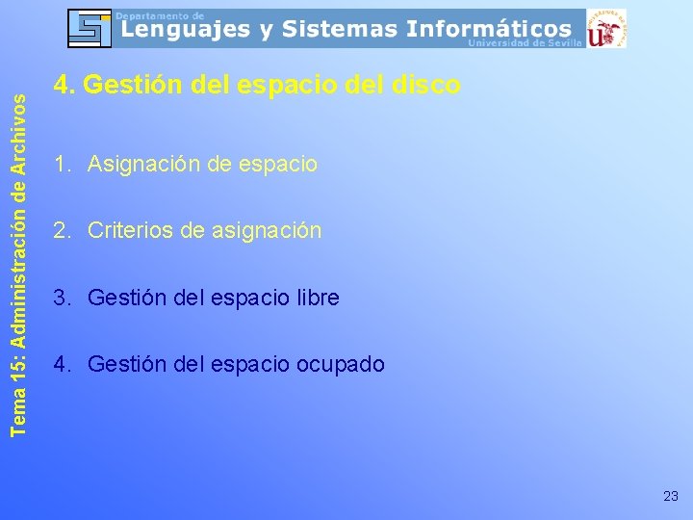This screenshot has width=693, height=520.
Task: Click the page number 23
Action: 671,496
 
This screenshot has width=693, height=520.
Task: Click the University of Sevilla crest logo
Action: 605,28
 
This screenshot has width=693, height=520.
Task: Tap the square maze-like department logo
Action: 89,28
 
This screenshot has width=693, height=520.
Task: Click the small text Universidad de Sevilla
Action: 525,43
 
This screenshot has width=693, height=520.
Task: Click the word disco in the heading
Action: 426,86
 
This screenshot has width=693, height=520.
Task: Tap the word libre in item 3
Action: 316,299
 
